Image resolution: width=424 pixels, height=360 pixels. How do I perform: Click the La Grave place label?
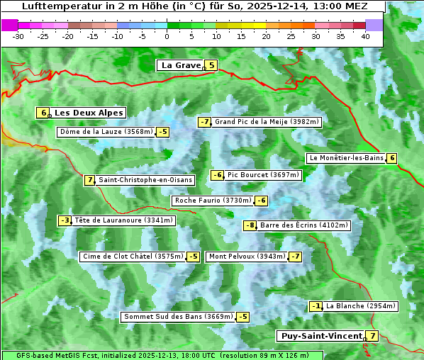[182, 65]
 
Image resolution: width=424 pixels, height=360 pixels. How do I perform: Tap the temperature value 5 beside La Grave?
[211, 65]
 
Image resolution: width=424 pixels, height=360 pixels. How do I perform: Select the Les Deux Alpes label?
[89, 113]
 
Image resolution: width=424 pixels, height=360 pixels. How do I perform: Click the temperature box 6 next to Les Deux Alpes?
[44, 113]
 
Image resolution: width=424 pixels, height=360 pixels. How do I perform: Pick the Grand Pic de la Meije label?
[267, 122]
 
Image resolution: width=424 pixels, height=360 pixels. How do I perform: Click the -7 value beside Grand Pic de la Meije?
[205, 122]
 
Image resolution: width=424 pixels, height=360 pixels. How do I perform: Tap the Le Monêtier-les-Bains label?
[346, 158]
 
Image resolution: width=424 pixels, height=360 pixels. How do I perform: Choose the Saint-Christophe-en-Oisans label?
[145, 180]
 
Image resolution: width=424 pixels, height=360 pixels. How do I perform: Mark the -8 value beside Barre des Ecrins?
[250, 225]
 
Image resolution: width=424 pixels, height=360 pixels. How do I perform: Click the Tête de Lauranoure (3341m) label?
[123, 220]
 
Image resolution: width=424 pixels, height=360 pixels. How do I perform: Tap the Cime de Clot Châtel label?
[133, 257]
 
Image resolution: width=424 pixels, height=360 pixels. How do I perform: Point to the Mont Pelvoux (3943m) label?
[247, 257]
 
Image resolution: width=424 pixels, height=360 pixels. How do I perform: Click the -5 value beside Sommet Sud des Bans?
[242, 317]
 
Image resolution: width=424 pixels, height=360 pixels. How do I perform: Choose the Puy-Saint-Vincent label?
[320, 336]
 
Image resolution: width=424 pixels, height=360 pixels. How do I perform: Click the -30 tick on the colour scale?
[18, 35]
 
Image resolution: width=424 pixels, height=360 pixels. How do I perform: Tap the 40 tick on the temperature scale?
[365, 35]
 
